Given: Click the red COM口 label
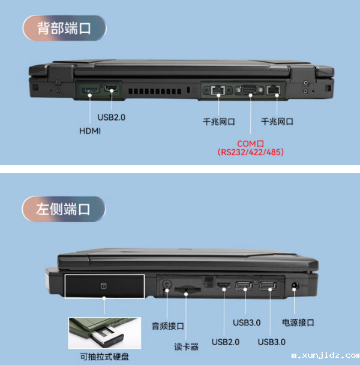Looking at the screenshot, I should click(x=250, y=144).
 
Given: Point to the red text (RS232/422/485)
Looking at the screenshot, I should click(x=250, y=153).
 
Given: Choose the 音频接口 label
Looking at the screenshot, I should click(x=167, y=326).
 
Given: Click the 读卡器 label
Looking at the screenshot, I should click(x=186, y=346).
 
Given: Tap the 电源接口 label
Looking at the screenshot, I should click(x=298, y=322).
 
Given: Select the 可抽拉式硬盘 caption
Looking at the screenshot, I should click(x=104, y=357).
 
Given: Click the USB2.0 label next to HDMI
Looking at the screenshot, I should click(x=111, y=117).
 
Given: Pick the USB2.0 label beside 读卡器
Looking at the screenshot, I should click(x=226, y=342).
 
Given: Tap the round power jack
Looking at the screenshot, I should click(x=294, y=286).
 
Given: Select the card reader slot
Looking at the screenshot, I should click(x=188, y=290).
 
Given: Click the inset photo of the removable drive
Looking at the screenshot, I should click(x=104, y=333).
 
